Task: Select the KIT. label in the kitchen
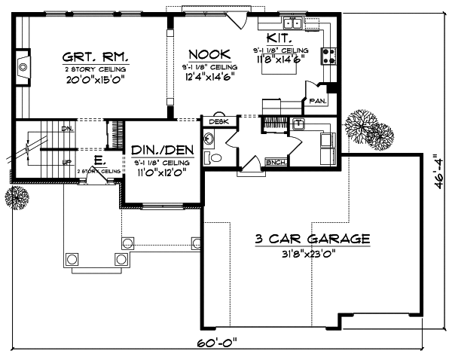[275, 38]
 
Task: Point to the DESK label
[218, 121]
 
